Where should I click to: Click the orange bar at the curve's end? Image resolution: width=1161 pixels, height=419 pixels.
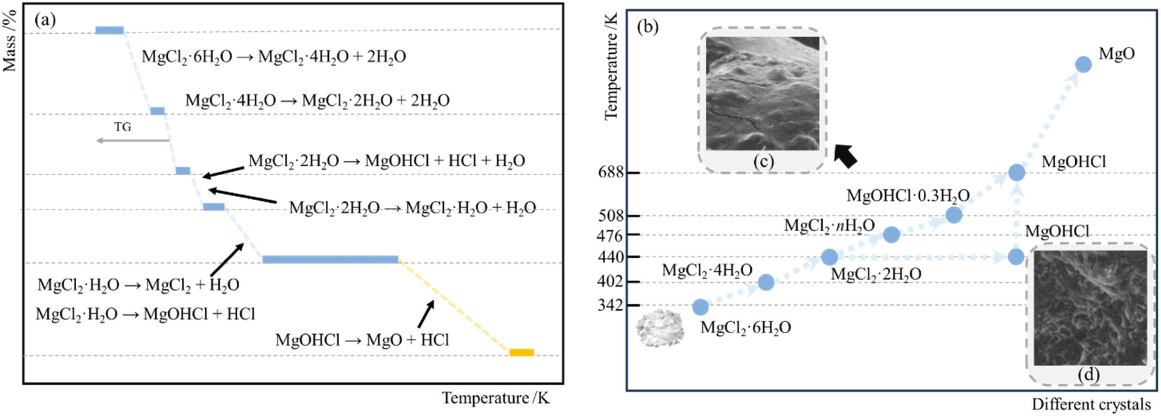click(521, 352)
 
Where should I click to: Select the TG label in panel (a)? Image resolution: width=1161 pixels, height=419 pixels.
click(123, 127)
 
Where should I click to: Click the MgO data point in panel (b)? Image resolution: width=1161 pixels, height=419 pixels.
click(1083, 64)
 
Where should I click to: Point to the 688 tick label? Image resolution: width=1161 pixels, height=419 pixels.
click(611, 172)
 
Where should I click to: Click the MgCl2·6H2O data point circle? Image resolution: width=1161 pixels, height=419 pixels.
click(700, 307)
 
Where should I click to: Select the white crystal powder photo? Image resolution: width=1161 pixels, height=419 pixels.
click(660, 328)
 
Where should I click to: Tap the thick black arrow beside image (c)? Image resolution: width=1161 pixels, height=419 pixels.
click(845, 155)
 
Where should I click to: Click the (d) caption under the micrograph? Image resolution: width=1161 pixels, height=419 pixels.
click(1088, 375)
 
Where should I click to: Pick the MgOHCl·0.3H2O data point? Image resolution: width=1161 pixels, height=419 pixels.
click(954, 215)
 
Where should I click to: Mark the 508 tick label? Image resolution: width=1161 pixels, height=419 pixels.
click(611, 216)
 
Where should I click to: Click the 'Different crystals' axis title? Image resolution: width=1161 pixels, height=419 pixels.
click(1091, 405)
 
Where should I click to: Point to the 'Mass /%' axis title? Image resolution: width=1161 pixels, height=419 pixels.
click(10, 41)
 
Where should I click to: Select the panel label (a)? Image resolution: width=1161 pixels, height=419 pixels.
click(45, 20)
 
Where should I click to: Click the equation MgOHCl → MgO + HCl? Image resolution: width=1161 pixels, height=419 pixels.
click(362, 340)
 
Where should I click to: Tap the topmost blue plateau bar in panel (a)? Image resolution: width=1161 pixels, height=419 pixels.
click(109, 30)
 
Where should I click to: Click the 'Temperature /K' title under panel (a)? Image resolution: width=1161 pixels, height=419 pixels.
click(495, 398)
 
